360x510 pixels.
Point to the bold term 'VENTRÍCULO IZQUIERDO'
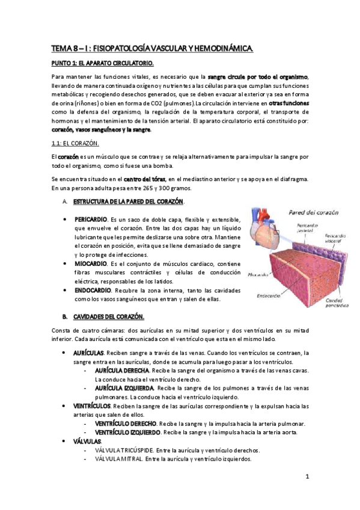point(127,432)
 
